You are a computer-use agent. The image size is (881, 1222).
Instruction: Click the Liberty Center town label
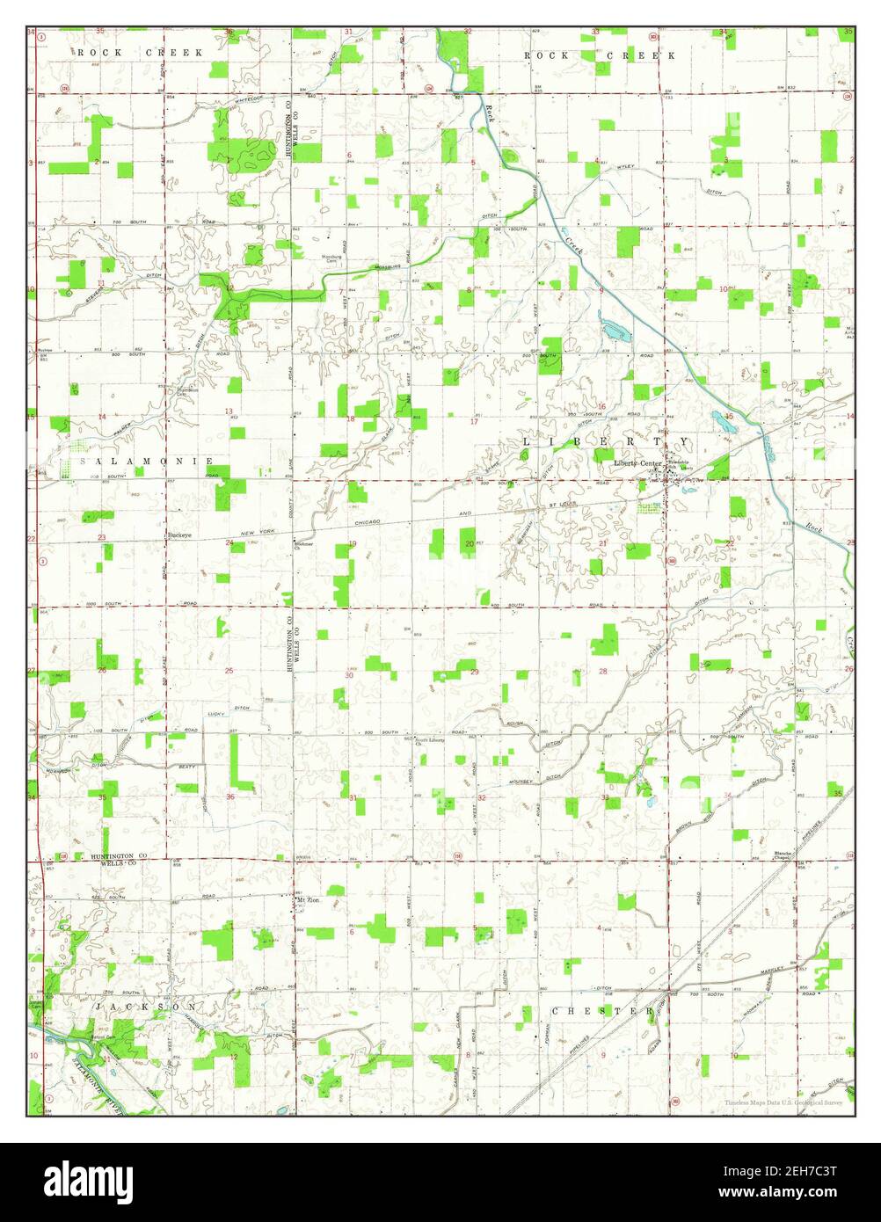pos(637,462)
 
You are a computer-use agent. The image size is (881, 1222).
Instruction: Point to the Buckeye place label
pos(180,535)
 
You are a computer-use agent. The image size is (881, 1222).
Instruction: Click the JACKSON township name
pos(147,1007)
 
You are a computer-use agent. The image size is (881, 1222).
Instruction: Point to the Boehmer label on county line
pos(303,544)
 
